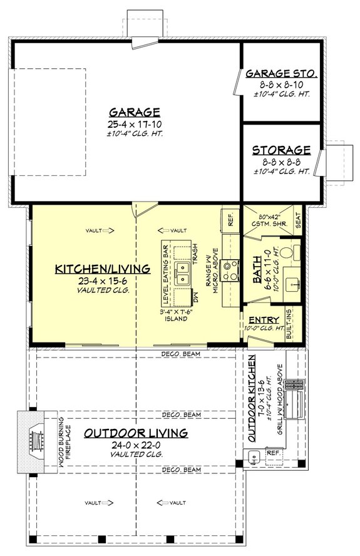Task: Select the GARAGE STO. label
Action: (x=281, y=74)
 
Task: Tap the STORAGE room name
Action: (x=281, y=150)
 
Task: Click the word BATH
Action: (x=257, y=272)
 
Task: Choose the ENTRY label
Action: (x=259, y=320)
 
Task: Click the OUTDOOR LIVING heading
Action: (x=135, y=433)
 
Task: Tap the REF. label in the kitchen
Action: (x=229, y=221)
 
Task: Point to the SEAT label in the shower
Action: (x=297, y=219)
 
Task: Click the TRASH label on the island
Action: (x=195, y=254)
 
